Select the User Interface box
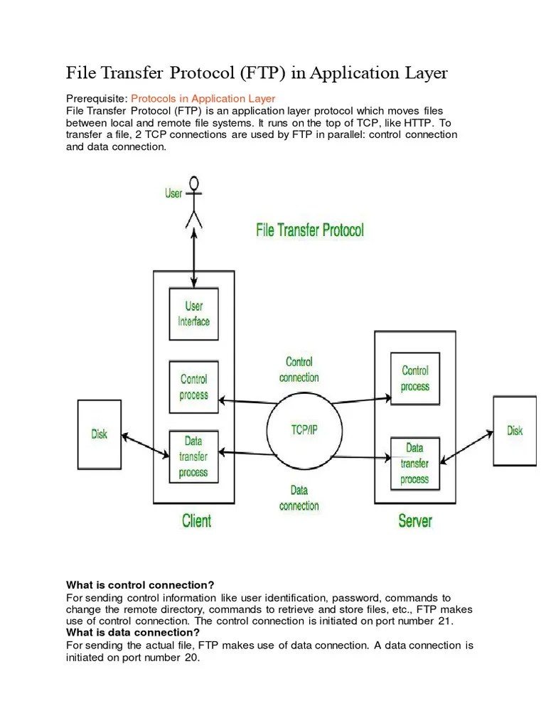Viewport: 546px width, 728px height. (193, 314)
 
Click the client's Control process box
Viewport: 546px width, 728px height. (193, 387)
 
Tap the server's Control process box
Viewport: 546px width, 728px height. (414, 378)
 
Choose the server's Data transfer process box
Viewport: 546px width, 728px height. (414, 464)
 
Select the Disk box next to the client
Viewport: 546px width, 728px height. (100, 434)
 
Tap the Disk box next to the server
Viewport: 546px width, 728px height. (515, 431)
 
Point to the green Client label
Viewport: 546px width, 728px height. (196, 521)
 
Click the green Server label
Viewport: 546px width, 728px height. (414, 521)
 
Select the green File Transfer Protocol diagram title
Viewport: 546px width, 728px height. (309, 230)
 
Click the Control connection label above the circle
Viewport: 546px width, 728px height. (299, 370)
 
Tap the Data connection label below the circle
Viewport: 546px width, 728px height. (299, 498)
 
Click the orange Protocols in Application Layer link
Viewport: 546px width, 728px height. (203, 98)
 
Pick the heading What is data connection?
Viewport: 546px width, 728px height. (133, 633)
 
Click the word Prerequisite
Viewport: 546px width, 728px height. (96, 98)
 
